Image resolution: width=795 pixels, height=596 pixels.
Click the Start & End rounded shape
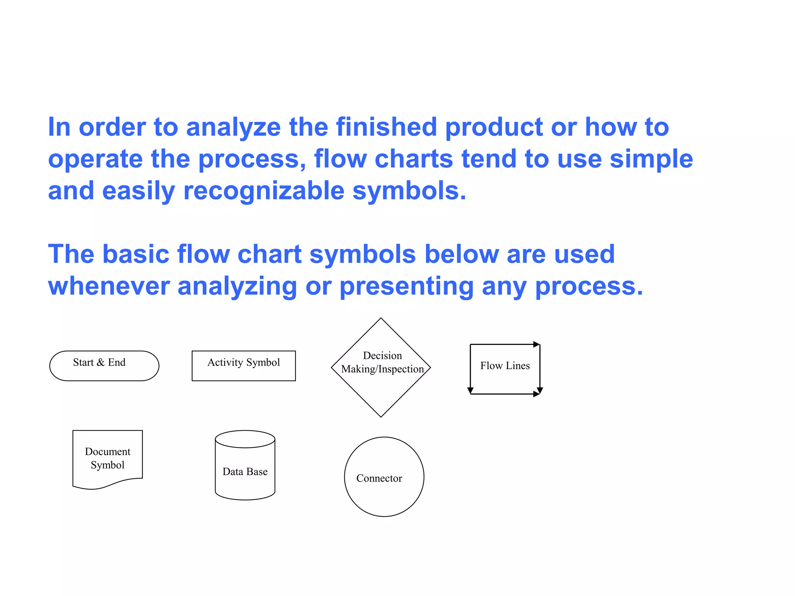click(104, 366)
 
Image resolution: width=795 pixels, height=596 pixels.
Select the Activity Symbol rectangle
click(243, 366)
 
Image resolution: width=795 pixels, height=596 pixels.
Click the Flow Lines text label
click(505, 366)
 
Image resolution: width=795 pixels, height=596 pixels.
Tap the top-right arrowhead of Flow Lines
click(536, 344)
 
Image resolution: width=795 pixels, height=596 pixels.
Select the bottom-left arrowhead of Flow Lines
click(470, 390)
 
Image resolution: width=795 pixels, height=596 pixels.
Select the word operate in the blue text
click(95, 159)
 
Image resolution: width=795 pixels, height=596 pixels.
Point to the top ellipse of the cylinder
click(245, 439)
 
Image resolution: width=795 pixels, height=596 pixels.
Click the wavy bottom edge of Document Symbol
click(108, 485)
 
